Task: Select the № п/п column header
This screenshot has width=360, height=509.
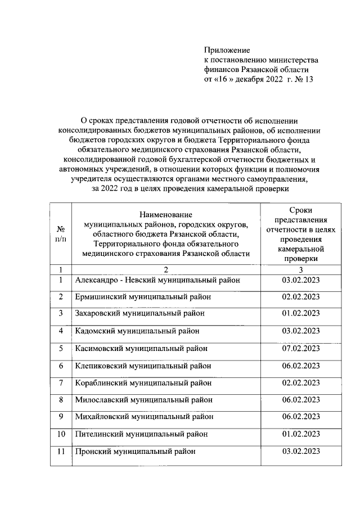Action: (61, 233)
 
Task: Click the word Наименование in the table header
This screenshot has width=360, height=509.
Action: (166, 214)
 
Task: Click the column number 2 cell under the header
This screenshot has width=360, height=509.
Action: (166, 269)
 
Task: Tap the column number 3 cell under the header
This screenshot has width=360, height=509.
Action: (301, 269)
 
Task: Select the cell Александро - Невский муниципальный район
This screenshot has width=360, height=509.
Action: (157, 280)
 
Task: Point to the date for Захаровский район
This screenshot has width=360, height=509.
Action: (301, 313)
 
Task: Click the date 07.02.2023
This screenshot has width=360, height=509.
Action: (301, 348)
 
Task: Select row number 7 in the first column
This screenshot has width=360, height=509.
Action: (61, 382)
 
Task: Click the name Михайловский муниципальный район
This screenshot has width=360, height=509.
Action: (144, 417)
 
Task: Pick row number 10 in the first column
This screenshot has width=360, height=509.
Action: (61, 434)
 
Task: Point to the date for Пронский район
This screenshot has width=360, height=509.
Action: (301, 451)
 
